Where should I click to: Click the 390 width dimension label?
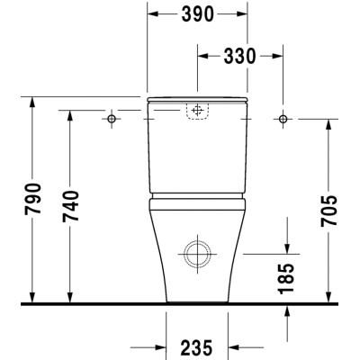(x=198, y=13)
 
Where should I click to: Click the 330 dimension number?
(x=239, y=56)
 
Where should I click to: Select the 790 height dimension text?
(x=32, y=199)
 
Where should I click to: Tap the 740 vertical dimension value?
(x=71, y=206)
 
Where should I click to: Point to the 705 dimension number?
(x=329, y=211)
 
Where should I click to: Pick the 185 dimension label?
(x=285, y=278)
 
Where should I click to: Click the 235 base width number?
(x=197, y=347)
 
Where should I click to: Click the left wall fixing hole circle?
(x=112, y=119)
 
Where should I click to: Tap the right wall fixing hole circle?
(x=283, y=119)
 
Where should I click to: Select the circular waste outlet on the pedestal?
(x=197, y=243)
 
